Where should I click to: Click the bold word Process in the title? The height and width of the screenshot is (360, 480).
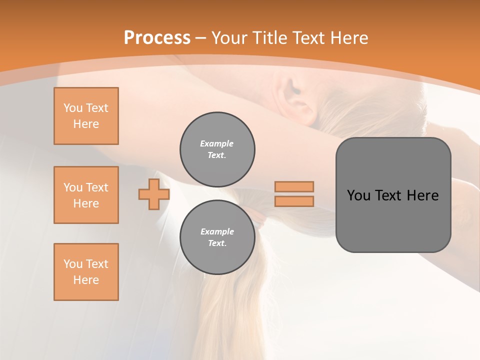point(157,38)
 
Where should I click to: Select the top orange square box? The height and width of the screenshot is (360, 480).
point(86,116)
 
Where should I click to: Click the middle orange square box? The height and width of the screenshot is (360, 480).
point(86,195)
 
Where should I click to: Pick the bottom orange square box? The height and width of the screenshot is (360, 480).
point(86,272)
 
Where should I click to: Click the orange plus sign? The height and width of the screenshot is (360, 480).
point(153,194)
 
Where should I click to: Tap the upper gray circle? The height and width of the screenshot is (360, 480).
point(217,149)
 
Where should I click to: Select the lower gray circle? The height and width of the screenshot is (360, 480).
point(217,237)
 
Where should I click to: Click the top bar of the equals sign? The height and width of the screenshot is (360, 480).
point(294,186)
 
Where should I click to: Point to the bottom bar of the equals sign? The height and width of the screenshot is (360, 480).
point(294,201)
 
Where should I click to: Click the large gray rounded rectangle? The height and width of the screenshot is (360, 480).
point(393,195)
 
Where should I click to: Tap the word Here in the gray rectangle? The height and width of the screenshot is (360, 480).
point(422,195)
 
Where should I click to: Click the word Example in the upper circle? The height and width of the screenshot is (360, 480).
point(217,143)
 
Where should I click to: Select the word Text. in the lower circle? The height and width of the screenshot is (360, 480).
point(217,243)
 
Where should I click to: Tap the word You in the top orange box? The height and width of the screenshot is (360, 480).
point(72,108)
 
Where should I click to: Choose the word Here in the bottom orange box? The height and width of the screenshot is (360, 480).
point(86,280)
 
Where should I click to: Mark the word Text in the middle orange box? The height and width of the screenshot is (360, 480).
point(96,187)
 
